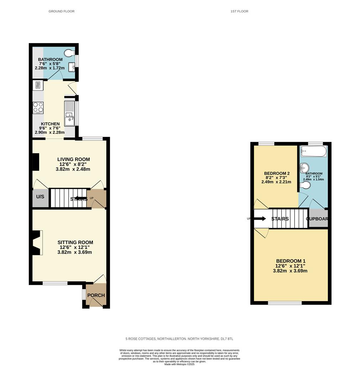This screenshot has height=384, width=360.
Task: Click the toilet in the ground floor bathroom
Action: coord(69,53)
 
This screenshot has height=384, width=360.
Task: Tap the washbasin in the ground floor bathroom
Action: coord(72,67)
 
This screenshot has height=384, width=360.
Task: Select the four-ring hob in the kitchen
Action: coord(38,108)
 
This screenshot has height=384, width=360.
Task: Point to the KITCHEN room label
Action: coord(50,124)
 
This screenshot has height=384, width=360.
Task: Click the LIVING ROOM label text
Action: coord(74,159)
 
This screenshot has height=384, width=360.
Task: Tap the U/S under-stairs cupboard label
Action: coord(40,197)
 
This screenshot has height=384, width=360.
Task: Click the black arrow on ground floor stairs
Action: coord(81,198)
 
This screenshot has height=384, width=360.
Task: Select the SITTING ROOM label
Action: coord(75,242)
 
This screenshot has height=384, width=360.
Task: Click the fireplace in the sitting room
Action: coord(37,243)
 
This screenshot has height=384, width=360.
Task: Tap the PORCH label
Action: coord(96,295)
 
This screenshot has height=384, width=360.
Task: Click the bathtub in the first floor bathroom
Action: coord(314,151)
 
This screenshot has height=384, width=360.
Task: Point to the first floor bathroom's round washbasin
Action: coord(305,168)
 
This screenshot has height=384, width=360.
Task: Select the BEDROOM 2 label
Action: coord(277,174)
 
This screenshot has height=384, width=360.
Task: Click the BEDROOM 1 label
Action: coord(291,261)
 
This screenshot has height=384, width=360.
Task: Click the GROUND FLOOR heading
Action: coord(62,11)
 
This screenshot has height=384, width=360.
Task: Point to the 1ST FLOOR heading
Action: coord(239,11)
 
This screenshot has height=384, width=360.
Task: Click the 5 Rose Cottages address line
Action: coord(179,339)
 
